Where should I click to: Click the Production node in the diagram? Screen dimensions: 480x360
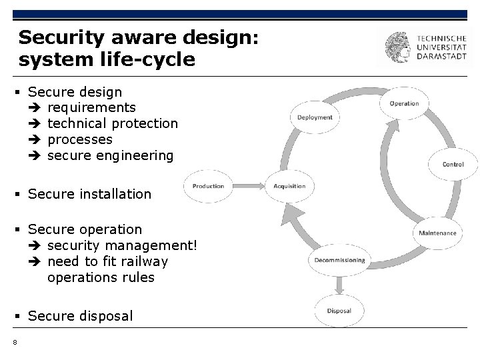click(x=209, y=186)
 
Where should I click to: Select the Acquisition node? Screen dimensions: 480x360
click(x=289, y=186)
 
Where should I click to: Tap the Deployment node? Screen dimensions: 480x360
click(x=315, y=117)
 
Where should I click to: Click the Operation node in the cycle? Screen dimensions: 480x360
click(x=404, y=103)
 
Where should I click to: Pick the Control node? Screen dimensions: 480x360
click(x=453, y=164)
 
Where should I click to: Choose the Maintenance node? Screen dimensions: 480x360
click(x=437, y=233)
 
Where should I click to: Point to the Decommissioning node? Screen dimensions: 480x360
click(x=339, y=259)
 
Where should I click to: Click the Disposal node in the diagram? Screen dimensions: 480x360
click(x=339, y=311)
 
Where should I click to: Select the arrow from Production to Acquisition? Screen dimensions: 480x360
click(x=247, y=186)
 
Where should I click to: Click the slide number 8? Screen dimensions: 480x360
click(x=14, y=343)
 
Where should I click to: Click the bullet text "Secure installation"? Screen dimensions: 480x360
click(x=90, y=194)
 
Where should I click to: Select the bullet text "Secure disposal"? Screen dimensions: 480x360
click(x=81, y=315)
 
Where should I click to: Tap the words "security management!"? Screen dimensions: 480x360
click(x=123, y=245)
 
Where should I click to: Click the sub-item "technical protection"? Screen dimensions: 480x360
click(x=113, y=123)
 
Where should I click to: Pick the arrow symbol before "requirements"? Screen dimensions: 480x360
click(x=35, y=107)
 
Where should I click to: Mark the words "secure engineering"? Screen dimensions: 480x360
click(x=110, y=155)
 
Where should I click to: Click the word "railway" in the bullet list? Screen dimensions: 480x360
click(x=141, y=261)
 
